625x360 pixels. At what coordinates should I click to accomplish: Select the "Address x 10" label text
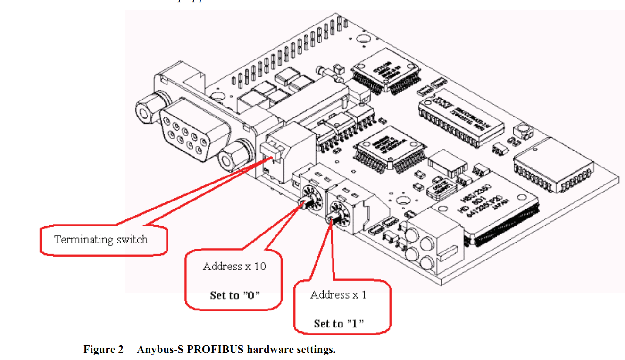(234, 267)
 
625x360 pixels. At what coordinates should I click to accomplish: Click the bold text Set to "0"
(235, 295)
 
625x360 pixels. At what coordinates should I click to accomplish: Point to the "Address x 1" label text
(338, 295)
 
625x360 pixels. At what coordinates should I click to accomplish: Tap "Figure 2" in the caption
(103, 350)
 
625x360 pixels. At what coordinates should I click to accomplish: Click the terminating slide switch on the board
(271, 151)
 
